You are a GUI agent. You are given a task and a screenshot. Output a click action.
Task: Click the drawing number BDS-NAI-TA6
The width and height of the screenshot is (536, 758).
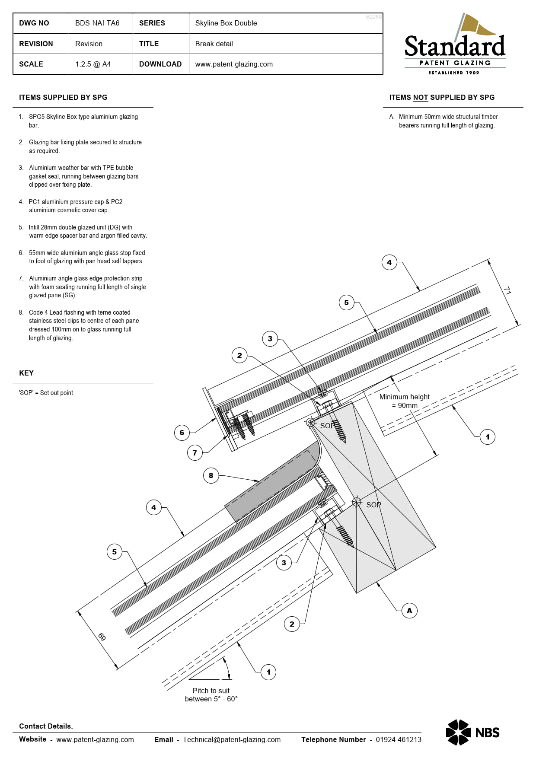(x=97, y=23)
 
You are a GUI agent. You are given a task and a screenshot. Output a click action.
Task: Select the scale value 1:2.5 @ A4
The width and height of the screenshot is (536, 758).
(x=93, y=64)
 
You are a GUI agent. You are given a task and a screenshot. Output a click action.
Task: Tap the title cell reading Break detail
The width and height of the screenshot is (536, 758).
(x=214, y=44)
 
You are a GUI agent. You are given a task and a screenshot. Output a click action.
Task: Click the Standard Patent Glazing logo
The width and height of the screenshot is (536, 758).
(x=455, y=45)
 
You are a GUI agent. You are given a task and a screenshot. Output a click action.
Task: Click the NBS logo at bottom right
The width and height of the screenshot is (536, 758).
(x=472, y=732)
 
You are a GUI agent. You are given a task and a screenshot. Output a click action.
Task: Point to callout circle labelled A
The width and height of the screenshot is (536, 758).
(x=409, y=611)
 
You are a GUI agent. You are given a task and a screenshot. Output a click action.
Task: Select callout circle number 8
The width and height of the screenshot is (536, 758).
(x=211, y=475)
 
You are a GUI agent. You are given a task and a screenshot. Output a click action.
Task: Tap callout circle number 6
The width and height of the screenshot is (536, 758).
(x=182, y=433)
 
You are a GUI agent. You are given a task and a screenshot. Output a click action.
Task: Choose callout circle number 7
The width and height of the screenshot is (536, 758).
(x=195, y=453)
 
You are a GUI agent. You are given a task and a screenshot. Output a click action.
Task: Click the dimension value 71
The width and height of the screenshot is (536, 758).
(x=507, y=291)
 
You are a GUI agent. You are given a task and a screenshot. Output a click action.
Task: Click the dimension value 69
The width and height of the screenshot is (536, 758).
(x=102, y=637)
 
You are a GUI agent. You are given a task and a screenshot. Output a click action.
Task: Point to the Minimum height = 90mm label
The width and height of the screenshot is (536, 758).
(x=404, y=401)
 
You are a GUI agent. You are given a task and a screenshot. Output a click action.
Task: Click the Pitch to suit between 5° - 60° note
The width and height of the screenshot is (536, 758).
(x=211, y=694)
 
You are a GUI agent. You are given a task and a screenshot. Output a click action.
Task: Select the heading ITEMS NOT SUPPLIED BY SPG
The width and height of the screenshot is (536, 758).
(x=441, y=98)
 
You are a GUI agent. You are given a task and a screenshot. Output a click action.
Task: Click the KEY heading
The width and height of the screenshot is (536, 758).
(x=26, y=373)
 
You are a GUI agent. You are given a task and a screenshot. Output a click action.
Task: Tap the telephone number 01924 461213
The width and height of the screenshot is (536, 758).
(x=398, y=739)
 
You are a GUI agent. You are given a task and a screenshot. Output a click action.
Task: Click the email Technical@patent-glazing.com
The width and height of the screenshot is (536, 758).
(x=232, y=739)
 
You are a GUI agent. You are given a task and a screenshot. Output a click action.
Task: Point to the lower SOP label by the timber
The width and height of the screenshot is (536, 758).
(x=373, y=505)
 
